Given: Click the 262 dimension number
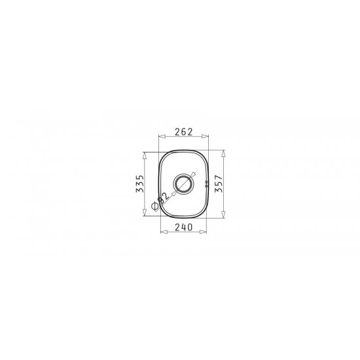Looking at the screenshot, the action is pyautogui.click(x=183, y=132).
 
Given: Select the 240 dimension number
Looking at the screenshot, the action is pyautogui.click(x=183, y=227).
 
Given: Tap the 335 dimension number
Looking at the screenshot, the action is pyautogui.click(x=140, y=184).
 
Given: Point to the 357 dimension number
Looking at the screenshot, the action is pyautogui.click(x=219, y=184).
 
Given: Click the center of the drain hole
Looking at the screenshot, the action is pyautogui.click(x=183, y=183).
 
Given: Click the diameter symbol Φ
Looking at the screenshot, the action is pyautogui.click(x=155, y=206).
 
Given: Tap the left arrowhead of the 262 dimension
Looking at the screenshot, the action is pyautogui.click(x=162, y=136).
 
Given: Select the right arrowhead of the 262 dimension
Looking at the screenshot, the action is pyautogui.click(x=205, y=136).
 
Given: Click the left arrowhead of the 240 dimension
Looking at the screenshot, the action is pyautogui.click(x=164, y=232).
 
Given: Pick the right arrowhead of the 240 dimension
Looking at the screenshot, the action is pyautogui.click(x=203, y=232).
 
